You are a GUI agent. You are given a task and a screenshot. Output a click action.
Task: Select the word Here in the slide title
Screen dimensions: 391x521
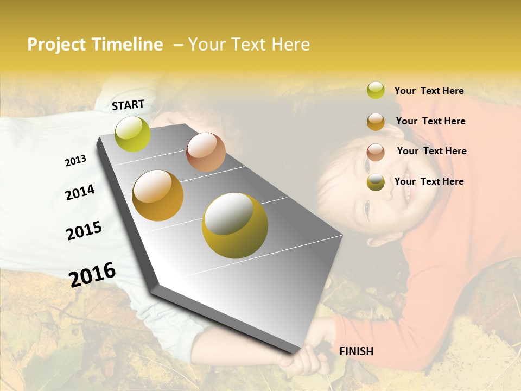[290, 45]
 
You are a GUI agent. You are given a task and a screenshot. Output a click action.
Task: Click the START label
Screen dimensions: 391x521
[128, 105]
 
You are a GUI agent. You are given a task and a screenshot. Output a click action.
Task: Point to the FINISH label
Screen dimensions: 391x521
[356, 351]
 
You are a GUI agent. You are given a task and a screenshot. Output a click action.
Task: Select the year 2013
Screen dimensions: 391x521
[75, 161]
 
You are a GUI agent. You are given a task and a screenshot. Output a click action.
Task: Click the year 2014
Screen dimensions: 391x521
[80, 192]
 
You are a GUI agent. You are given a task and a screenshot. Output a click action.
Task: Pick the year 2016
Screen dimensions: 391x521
[92, 275]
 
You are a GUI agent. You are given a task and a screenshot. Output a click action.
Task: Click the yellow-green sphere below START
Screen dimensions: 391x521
[133, 134]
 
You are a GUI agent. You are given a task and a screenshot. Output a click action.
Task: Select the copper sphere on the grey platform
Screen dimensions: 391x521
[206, 152]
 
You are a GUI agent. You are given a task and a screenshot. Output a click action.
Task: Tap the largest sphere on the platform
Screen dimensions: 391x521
[235, 225]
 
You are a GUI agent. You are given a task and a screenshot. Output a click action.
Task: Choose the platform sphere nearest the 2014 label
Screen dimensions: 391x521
[157, 195]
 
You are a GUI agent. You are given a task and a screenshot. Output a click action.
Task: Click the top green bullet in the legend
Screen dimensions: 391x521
[376, 90]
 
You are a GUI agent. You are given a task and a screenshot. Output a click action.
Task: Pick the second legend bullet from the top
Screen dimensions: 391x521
[376, 122]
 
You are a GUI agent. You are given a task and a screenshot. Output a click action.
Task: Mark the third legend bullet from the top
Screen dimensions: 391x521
[376, 152]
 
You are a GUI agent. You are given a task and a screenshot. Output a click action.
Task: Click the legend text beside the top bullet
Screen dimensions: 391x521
[429, 91]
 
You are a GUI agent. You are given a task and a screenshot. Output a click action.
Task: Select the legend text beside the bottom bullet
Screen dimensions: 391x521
[429, 181]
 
